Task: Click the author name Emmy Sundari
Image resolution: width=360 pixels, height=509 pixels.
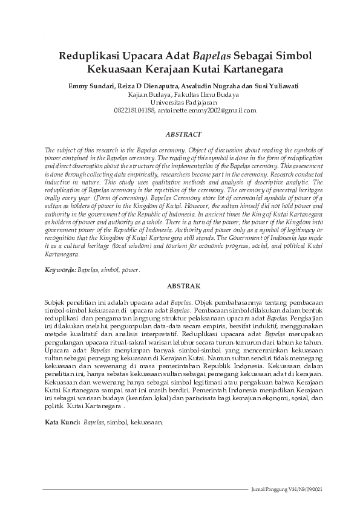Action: (89, 86)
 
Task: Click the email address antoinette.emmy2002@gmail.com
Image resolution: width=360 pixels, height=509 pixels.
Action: (208, 111)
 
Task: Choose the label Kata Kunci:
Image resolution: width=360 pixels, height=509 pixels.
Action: (63, 421)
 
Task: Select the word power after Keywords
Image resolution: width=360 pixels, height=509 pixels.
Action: (131, 270)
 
